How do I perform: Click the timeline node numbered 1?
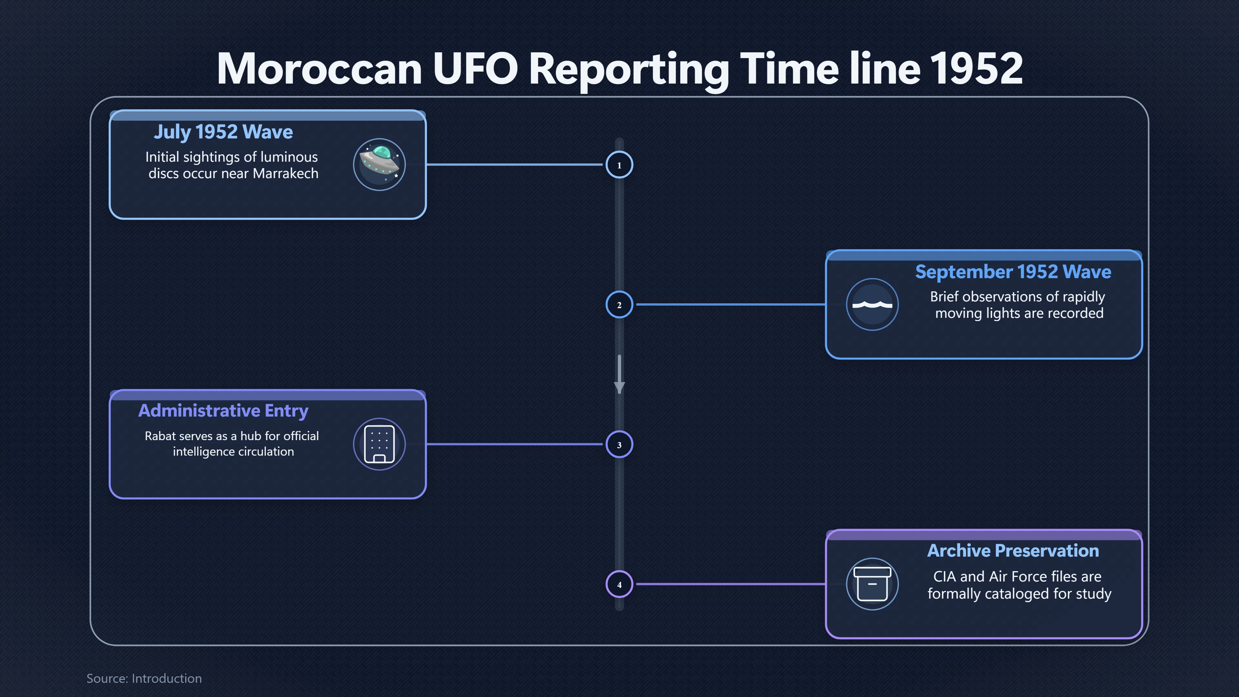coord(619,165)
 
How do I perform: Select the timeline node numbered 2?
coord(619,305)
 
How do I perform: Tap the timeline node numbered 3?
coord(619,444)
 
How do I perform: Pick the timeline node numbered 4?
coord(619,584)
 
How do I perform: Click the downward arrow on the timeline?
coord(619,375)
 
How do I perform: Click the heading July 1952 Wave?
coord(223,132)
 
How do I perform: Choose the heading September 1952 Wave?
coord(1013,272)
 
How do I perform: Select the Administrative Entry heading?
coord(223,411)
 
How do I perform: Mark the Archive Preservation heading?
coord(1013,551)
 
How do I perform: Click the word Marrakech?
coord(286,173)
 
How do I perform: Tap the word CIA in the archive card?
coord(945,576)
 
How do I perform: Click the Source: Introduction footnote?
coord(144,678)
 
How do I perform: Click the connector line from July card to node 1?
coord(515,165)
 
